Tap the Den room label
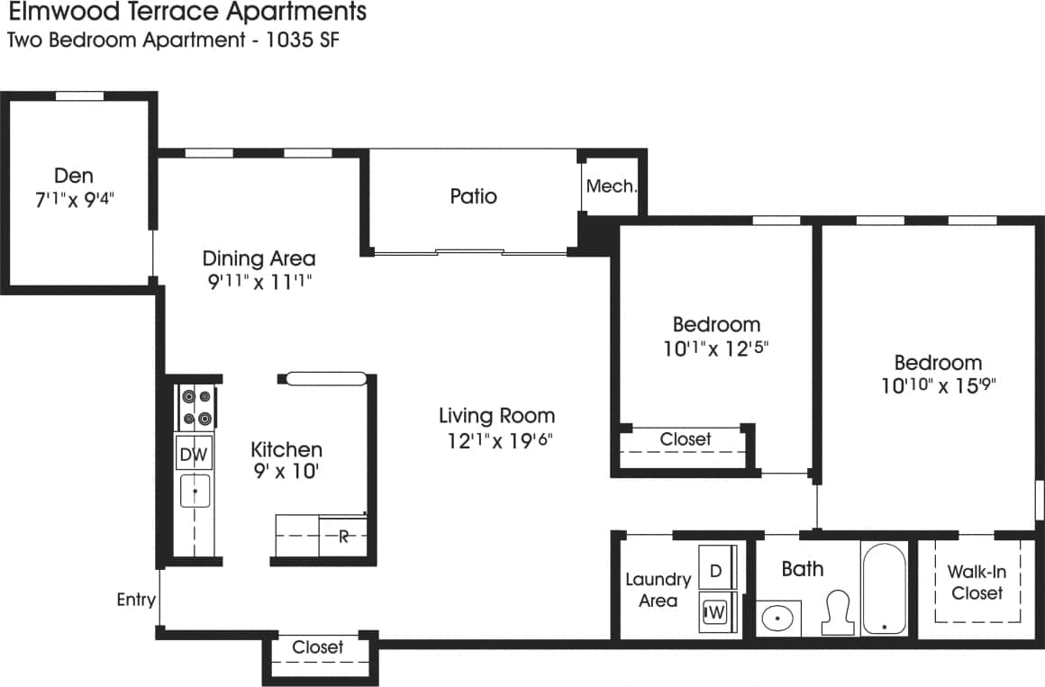coord(74,176)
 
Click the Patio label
coord(473,196)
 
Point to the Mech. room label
coord(612,187)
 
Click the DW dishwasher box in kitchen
coord(194,455)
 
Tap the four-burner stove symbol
coord(195,407)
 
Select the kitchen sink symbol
coord(195,491)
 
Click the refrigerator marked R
coord(343,538)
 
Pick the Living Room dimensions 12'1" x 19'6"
coord(496,441)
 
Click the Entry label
coord(136,600)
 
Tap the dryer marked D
coord(716,570)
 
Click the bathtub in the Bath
coord(883,590)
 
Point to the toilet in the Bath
coord(839,612)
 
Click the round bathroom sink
coord(777,619)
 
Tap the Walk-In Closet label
coord(977,583)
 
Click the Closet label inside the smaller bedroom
coord(686,439)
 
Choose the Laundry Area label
coord(658,590)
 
